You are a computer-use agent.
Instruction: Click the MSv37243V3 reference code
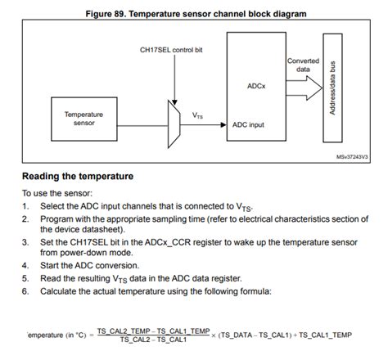pos(352,158)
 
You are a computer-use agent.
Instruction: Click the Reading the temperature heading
pos(78,176)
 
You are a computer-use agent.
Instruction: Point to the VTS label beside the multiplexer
pos(198,115)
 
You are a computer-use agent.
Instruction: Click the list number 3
pos(25,242)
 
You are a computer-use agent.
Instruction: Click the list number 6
pos(25,290)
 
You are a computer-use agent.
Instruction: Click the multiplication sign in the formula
pos(214,335)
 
